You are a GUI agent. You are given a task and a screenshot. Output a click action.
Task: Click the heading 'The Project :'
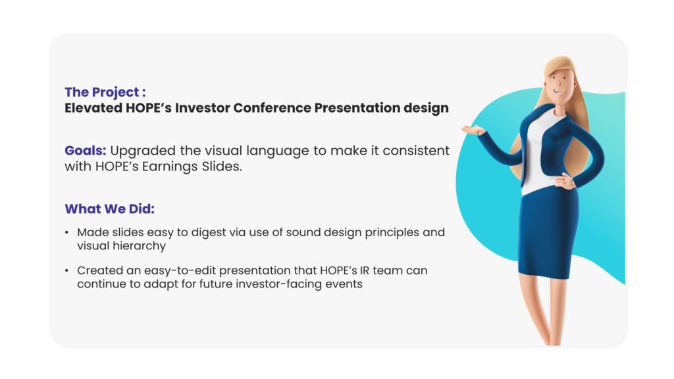point(105,92)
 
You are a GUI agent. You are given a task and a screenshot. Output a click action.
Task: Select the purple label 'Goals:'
point(85,151)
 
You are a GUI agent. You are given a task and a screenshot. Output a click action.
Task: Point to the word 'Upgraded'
point(143,151)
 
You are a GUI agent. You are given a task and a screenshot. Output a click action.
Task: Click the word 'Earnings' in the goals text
point(167,166)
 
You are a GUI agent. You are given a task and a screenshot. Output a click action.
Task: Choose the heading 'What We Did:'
point(110,209)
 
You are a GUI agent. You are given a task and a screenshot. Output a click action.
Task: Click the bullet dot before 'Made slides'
point(66,232)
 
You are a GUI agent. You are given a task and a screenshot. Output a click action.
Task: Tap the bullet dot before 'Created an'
point(66,270)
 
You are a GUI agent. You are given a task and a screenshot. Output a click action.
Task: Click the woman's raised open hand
point(472,130)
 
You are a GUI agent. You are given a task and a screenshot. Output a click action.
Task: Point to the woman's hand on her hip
point(564,182)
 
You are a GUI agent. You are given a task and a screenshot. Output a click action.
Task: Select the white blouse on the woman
point(539,155)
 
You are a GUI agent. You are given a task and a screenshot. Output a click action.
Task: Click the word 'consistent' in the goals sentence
point(416,151)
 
